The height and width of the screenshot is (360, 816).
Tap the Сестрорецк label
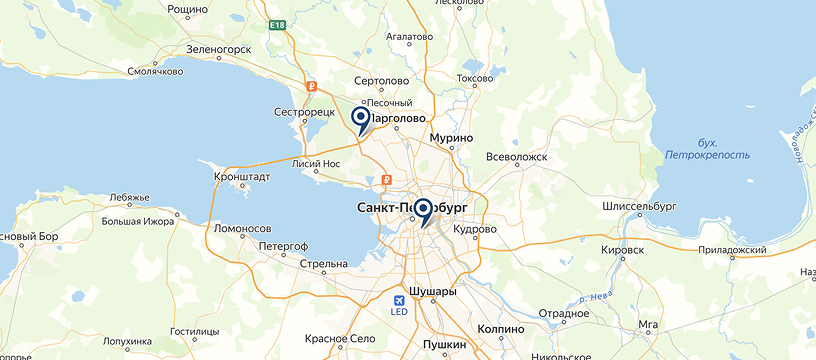coord(304,112)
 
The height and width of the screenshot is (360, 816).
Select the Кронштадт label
coord(242,176)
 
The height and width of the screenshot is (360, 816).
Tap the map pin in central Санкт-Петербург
coord(423,211)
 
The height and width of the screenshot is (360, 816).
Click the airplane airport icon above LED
coord(400,298)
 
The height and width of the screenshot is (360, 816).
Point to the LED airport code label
coord(400,311)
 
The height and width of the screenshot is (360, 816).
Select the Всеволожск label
coord(517,157)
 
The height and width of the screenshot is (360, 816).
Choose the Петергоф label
coord(283,244)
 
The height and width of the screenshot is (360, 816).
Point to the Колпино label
coord(501,328)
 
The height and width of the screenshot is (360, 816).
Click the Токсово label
coord(475,77)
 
